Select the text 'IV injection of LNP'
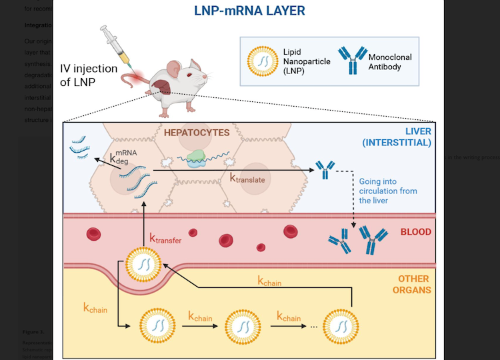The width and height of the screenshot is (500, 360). (x=89, y=75)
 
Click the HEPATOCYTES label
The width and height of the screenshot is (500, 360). (x=197, y=133)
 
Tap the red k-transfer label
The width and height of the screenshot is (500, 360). (x=165, y=238)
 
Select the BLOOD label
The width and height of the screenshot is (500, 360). (x=415, y=233)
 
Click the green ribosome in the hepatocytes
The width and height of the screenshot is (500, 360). (x=197, y=157)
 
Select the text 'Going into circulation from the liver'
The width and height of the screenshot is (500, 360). (x=387, y=190)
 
